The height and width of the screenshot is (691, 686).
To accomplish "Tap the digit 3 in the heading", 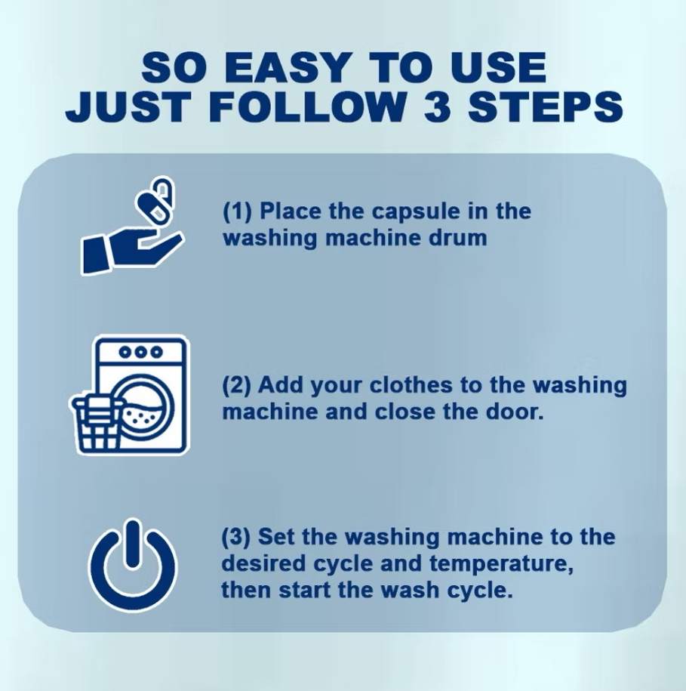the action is coord(438,106).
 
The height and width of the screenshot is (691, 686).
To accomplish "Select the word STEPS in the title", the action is coord(545,106).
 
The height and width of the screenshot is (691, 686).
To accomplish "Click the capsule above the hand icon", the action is coord(156,199).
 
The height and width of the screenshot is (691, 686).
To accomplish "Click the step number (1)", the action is coord(237,211).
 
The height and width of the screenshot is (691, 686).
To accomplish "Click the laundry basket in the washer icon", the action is coord(95,422).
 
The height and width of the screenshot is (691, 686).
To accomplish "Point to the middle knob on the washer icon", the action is coord(141,352).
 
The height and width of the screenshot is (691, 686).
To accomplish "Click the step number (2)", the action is coord(237,385).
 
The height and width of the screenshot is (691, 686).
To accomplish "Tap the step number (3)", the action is coord(236,537).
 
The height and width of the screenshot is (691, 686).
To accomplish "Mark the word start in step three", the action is coord(305,591).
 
